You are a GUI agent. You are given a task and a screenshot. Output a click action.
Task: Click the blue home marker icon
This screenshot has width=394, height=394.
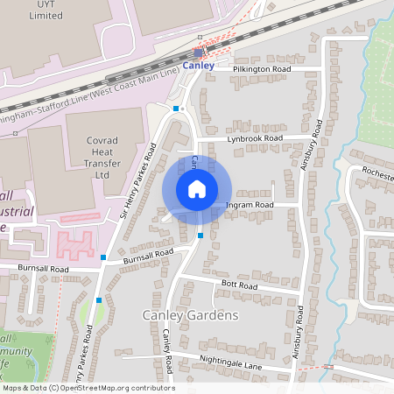[x=197, y=188]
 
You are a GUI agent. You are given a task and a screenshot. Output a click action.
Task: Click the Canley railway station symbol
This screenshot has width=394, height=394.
[x=199, y=53]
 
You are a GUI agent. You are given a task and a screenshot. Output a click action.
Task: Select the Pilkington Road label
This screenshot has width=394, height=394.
[x=260, y=69]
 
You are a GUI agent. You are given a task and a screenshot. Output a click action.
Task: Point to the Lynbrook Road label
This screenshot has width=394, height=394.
[x=253, y=138]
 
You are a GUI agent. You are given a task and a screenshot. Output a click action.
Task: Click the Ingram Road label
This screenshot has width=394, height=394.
[x=250, y=205]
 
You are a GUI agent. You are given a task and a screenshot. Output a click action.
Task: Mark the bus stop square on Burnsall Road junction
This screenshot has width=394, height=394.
[x=103, y=257]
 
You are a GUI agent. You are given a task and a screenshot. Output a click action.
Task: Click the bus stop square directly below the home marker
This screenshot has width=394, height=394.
[x=201, y=235]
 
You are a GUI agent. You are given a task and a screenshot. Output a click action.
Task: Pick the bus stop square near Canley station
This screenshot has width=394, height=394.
[x=176, y=109]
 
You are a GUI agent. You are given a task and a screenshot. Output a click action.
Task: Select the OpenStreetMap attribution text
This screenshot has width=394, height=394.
[x=88, y=388]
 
